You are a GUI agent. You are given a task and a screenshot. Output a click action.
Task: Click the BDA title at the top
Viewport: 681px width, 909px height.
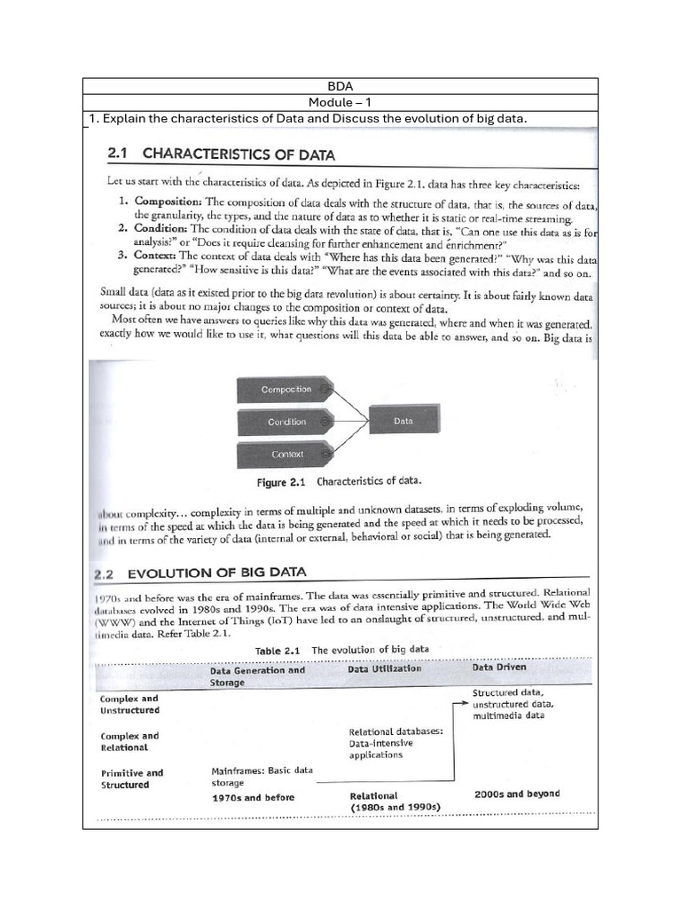coord(340,86)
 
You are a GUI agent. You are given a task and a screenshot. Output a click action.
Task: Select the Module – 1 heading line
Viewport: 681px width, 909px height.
coord(340,103)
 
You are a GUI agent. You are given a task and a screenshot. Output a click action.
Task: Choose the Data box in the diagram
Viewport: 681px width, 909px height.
coord(403,422)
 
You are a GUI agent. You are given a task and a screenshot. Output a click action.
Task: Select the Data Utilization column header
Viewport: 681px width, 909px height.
coord(385,669)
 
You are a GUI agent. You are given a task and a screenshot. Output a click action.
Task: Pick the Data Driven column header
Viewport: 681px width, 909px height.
coord(499,667)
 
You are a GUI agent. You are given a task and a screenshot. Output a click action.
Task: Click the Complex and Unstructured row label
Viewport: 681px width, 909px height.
coord(129,704)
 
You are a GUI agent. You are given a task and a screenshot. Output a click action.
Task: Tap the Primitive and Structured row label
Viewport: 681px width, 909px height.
coord(131,779)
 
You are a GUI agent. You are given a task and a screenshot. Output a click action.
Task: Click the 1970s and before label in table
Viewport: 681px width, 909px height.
coord(253,797)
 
